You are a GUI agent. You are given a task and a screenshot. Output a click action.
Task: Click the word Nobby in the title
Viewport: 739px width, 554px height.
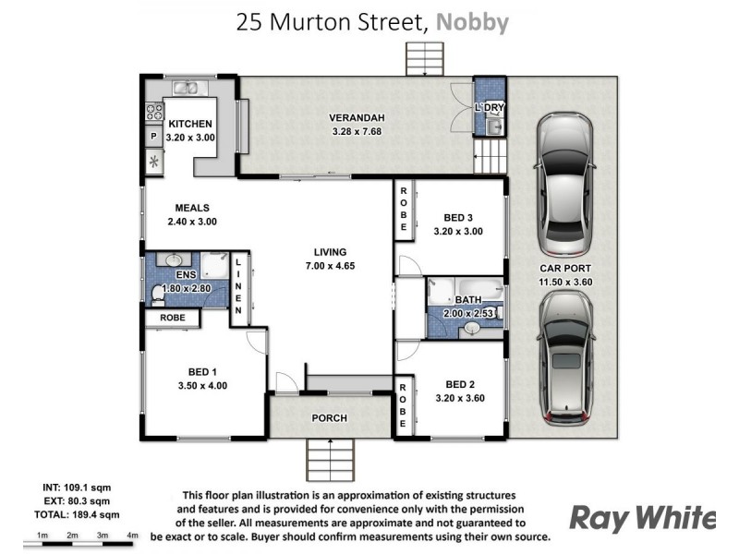coord(472,22)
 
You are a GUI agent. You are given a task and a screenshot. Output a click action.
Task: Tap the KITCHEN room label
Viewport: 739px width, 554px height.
coord(191,124)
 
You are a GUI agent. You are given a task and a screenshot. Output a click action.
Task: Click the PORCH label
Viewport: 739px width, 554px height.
coord(329,418)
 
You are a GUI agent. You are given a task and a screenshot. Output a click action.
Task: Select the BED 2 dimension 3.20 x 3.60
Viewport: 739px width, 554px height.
coord(459,398)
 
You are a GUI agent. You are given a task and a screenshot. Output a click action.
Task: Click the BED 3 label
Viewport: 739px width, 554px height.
coord(459,218)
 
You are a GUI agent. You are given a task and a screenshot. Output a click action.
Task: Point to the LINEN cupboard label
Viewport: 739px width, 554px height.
coord(238,287)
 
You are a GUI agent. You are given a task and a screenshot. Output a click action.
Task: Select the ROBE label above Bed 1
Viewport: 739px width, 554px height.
coord(173,318)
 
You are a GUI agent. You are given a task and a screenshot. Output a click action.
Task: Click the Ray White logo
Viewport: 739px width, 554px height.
coord(642,518)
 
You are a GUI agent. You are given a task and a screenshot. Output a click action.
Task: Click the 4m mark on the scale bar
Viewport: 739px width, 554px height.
coord(132,536)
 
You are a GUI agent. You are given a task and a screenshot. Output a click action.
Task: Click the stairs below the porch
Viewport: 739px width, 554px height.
coord(330,455)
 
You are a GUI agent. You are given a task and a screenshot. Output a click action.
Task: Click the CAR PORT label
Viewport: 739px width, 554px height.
coord(565,270)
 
